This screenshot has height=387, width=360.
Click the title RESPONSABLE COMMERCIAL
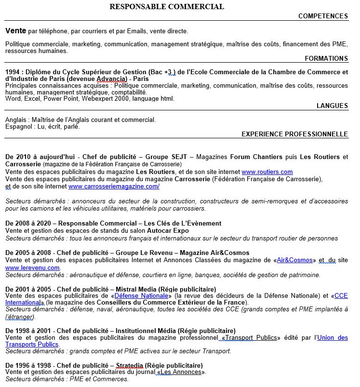coord(167,7)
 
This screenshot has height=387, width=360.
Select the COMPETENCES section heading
coord(323,16)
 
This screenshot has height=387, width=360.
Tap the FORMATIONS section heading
coord(326,59)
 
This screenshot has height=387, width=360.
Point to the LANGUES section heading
coord(332,106)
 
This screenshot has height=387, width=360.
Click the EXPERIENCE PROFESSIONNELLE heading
coord(294,134)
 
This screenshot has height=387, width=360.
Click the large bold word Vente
coord(16,31)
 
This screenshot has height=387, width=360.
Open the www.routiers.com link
coord(267,172)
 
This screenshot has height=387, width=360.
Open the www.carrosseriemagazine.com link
coord(114,186)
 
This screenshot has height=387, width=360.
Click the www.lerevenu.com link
coord(32,268)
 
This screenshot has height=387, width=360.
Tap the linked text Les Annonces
coord(181,372)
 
